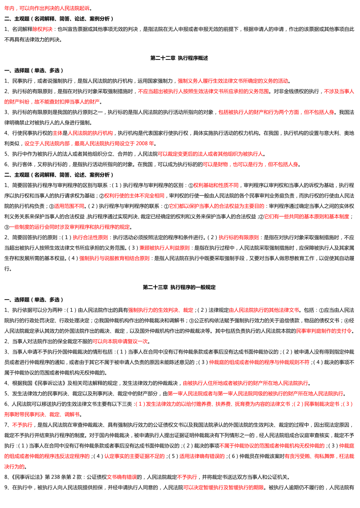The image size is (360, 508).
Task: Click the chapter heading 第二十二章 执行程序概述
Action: click(x=179, y=58)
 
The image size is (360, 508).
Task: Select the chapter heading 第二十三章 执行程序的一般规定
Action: click(x=179, y=287)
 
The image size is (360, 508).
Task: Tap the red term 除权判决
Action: click(x=43, y=29)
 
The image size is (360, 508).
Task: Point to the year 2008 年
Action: click(x=145, y=144)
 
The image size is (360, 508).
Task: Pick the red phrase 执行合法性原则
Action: click(x=90, y=237)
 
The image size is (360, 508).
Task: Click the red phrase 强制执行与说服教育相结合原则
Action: click(x=114, y=258)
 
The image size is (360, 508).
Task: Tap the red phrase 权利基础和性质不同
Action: click(x=216, y=185)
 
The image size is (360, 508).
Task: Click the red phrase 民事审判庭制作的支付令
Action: click(x=324, y=331)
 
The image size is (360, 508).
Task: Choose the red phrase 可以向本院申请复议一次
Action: click(x=120, y=341)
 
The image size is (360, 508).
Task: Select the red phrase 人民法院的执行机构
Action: click(x=90, y=133)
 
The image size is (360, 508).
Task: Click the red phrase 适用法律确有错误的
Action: click(x=202, y=456)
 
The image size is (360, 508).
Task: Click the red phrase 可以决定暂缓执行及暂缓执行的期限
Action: click(x=223, y=487)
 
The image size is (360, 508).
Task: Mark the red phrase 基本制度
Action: click(x=339, y=216)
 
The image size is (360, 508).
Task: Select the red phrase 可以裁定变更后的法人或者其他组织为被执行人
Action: click(x=210, y=154)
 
